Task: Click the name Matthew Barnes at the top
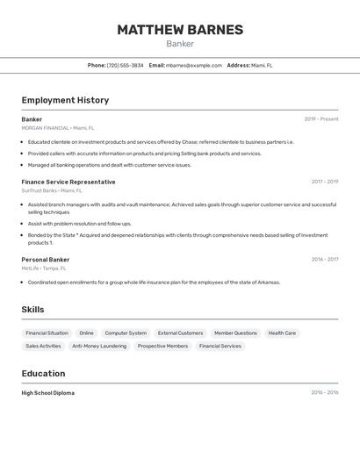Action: click(x=180, y=30)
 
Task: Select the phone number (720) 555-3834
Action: click(x=125, y=65)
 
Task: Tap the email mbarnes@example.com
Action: click(x=194, y=65)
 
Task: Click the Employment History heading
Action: click(x=65, y=100)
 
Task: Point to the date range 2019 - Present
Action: click(x=321, y=119)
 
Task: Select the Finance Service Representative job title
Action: click(x=68, y=182)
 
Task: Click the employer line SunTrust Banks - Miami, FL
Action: click(x=52, y=190)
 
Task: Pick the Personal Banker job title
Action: click(x=46, y=260)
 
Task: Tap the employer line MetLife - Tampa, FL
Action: click(x=44, y=268)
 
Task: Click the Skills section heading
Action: click(x=32, y=310)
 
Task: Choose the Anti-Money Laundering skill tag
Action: click(x=99, y=346)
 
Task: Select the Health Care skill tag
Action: click(x=282, y=333)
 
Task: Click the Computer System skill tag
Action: click(x=126, y=333)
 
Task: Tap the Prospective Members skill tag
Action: click(x=162, y=346)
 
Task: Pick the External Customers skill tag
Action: click(x=180, y=333)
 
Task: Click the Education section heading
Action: click(x=43, y=374)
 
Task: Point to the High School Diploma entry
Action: click(x=48, y=393)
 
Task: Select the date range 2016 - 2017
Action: click(x=325, y=260)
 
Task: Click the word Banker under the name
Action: click(x=180, y=44)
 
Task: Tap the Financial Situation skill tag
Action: click(x=47, y=333)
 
